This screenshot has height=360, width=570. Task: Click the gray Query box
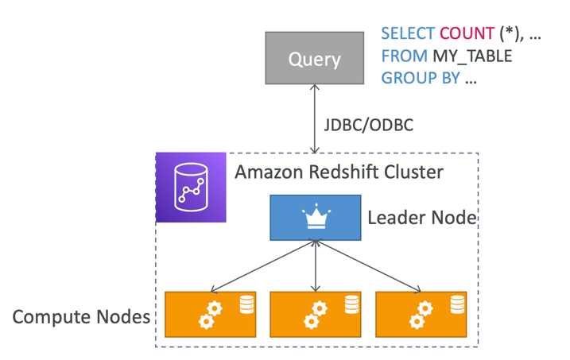[315, 59]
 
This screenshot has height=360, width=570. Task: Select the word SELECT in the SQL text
[407, 34]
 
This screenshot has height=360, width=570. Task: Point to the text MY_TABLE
[471, 57]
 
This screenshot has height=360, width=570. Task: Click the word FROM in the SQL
[403, 57]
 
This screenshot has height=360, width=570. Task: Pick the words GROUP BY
[420, 79]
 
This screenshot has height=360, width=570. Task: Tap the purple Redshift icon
[191, 188]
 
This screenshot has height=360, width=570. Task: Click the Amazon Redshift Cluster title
[339, 172]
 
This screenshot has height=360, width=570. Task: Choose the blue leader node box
[316, 217]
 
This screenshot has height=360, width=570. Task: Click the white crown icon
[316, 217]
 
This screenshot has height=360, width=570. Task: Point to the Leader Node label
[421, 217]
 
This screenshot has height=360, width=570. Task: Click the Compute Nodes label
[81, 317]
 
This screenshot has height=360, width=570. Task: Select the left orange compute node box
[210, 314]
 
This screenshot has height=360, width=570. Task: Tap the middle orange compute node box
[316, 314]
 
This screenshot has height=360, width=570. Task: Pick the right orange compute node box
[421, 314]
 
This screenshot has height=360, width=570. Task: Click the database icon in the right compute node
[456, 304]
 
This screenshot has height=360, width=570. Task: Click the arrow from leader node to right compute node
[370, 265]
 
